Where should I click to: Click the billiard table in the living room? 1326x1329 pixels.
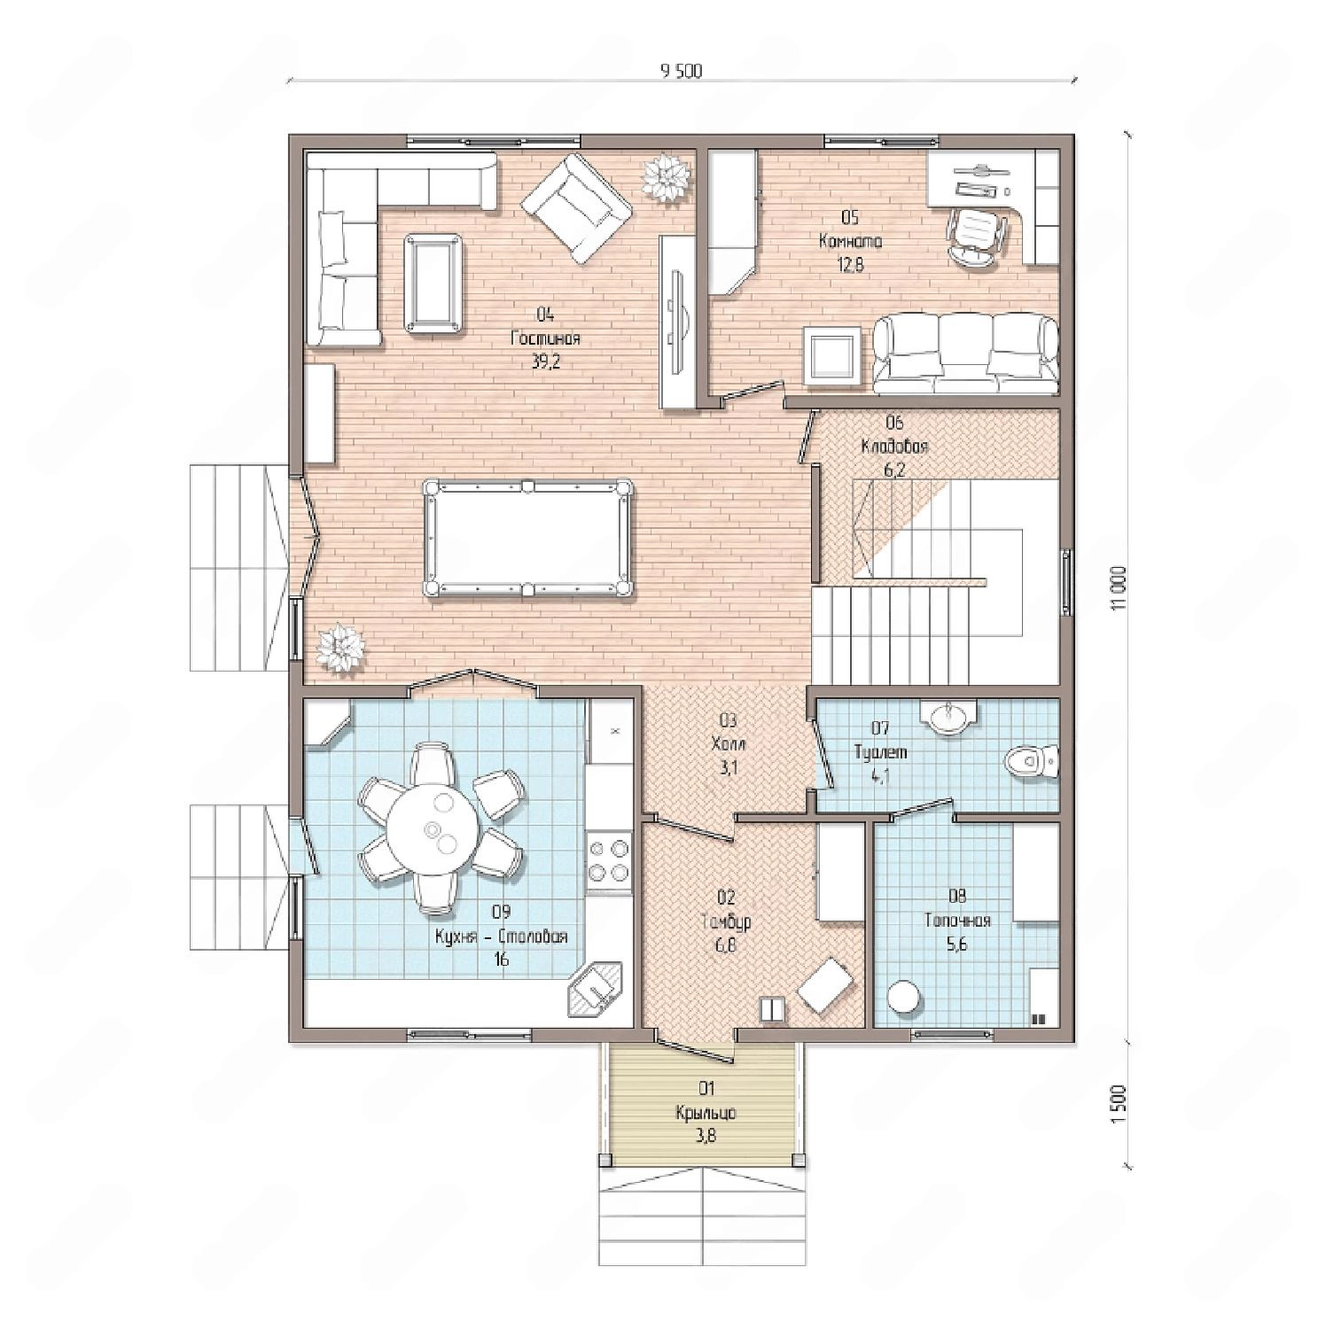[529, 538]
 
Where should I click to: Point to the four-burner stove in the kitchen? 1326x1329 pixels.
[608, 859]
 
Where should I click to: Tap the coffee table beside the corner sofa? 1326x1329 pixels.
[433, 283]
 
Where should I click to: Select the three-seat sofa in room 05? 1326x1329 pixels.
[965, 354]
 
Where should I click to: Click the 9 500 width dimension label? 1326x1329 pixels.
[681, 72]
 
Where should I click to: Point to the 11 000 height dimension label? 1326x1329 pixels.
[1121, 587]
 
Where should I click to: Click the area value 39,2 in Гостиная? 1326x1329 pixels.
[545, 361]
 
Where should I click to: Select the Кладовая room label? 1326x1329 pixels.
[894, 447]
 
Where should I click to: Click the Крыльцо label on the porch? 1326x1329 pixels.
[706, 1113]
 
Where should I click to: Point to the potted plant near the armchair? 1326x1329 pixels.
[665, 177]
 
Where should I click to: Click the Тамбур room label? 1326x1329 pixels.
[725, 922]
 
